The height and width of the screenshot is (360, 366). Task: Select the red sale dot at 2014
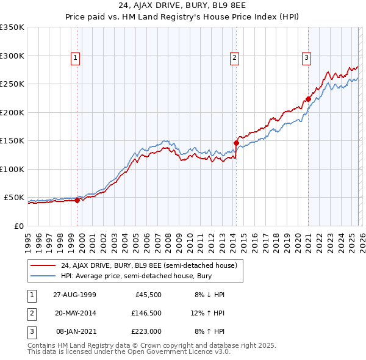tap(236, 143)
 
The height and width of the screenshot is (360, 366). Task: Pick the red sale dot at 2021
tap(309, 99)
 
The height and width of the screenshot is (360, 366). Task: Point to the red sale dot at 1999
tap(77, 200)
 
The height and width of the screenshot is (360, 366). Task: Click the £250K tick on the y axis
tap(12, 84)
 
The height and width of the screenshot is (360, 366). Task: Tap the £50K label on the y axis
tap(14, 198)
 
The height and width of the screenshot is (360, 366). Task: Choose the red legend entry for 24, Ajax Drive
tap(149, 265)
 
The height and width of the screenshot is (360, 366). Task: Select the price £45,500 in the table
tap(146, 295)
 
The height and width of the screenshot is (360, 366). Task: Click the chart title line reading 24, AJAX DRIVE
tap(182, 7)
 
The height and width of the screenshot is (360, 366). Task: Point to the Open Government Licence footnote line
tap(129, 352)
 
